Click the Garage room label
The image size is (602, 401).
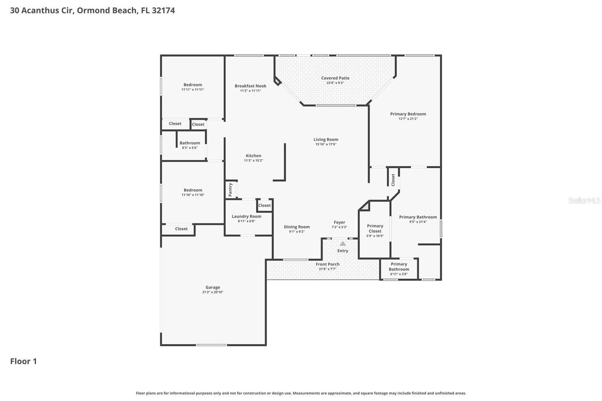click(x=213, y=287)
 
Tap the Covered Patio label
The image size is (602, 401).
click(x=335, y=78)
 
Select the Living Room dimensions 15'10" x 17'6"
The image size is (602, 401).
click(x=326, y=144)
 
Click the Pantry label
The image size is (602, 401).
click(x=231, y=190)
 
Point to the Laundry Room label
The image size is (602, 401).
click(x=246, y=216)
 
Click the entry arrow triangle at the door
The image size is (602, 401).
click(x=343, y=244)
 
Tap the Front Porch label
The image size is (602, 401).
click(x=327, y=264)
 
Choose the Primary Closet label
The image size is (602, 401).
click(x=375, y=228)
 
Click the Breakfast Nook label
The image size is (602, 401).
click(x=251, y=86)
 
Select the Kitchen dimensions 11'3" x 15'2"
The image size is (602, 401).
click(x=254, y=161)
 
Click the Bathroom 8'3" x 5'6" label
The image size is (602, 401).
click(x=190, y=143)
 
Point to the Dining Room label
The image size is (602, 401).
click(x=297, y=227)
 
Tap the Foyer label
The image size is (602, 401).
click(x=339, y=222)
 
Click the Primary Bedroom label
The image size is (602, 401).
click(x=408, y=114)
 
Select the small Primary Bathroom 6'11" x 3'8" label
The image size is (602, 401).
click(x=399, y=267)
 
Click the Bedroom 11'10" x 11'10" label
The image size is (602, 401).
click(x=193, y=190)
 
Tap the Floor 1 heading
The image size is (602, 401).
click(x=23, y=362)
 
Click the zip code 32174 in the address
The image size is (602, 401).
click(x=163, y=11)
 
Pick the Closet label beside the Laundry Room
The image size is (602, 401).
click(x=265, y=205)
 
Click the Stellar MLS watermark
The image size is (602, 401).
click(x=584, y=200)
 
